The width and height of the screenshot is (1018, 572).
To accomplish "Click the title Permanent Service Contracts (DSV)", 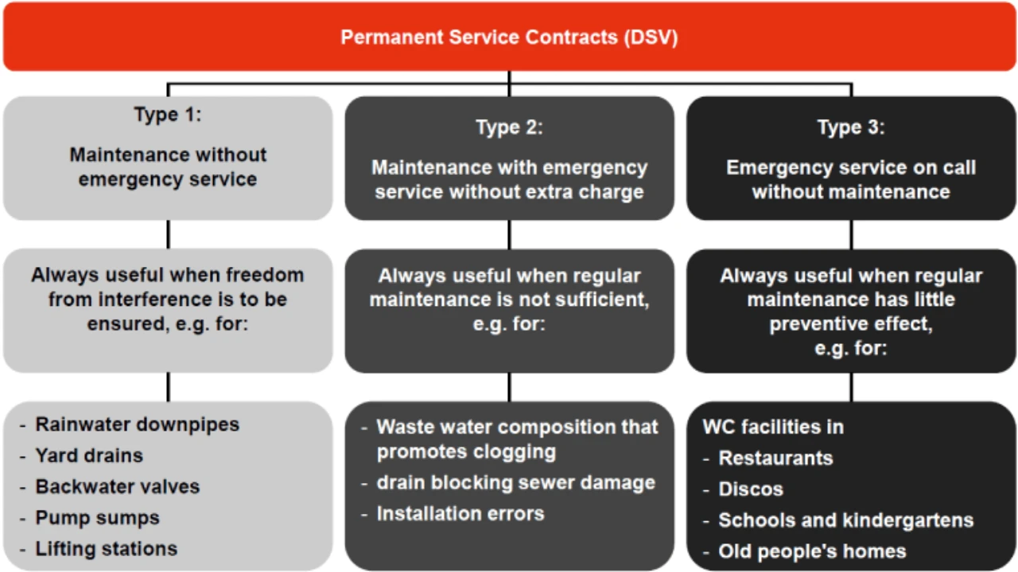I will [x=509, y=37].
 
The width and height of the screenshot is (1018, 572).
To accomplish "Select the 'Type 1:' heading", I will [x=168, y=114].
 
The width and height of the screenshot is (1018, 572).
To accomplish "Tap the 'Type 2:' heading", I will [x=509, y=127].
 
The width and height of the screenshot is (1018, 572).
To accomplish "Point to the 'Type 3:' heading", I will [x=851, y=127].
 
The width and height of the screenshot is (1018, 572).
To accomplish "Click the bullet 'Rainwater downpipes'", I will [x=137, y=424].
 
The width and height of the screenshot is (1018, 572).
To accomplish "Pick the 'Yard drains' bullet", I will [x=89, y=455].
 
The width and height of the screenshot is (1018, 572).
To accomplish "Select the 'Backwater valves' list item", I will [x=117, y=486].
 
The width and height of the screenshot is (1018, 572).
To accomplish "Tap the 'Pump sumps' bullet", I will [x=97, y=518].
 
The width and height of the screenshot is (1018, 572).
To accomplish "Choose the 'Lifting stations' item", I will [x=106, y=549].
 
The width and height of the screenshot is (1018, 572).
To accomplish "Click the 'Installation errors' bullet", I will [x=460, y=513].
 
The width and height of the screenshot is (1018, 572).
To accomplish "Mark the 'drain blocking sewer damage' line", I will [x=515, y=482].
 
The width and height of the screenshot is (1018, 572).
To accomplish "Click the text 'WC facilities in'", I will [x=773, y=427].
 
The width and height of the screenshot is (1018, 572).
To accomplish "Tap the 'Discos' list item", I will [x=751, y=489].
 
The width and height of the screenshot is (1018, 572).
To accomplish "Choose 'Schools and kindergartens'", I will [x=845, y=520].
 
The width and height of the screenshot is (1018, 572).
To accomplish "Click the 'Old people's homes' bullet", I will [x=812, y=551].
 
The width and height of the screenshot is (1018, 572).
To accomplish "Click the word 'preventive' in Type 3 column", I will [x=820, y=325].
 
